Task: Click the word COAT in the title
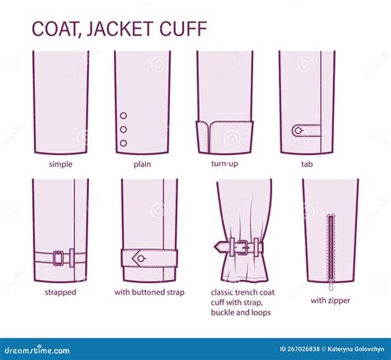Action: tap(56, 28)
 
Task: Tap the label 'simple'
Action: tap(60, 164)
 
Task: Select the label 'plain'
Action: tap(142, 164)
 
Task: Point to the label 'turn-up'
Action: tap(224, 164)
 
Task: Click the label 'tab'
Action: tap(307, 164)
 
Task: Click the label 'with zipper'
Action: tap(330, 301)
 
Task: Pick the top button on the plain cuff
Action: tap(124, 116)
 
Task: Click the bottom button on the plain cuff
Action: tap(124, 144)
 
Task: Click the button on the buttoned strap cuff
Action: tap(141, 258)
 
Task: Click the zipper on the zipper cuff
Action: tap(330, 248)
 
